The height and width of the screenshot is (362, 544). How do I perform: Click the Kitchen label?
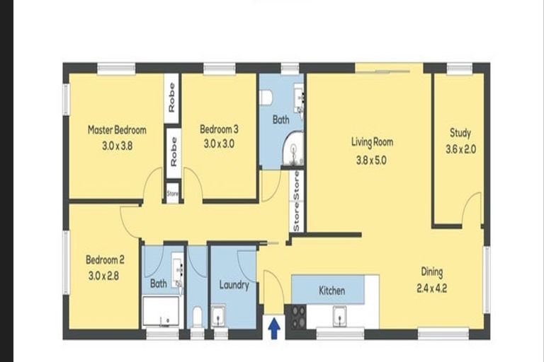pyautogui.click(x=331, y=291)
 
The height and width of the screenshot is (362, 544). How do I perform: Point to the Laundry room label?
pyautogui.click(x=234, y=286)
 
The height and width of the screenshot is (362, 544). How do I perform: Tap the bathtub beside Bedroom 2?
pyautogui.click(x=160, y=311)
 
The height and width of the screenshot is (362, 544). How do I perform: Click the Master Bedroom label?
pyautogui.click(x=117, y=130)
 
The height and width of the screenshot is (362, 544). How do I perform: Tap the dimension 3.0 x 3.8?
pyautogui.click(x=117, y=143)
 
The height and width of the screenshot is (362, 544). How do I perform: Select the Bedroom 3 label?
pyautogui.click(x=218, y=129)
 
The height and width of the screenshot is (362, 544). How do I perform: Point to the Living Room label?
pyautogui.click(x=372, y=142)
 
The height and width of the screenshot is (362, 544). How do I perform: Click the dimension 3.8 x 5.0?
pyautogui.click(x=372, y=159)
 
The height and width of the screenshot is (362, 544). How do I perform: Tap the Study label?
pyautogui.click(x=460, y=133)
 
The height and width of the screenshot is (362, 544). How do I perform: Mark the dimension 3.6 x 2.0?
pyautogui.click(x=460, y=149)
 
